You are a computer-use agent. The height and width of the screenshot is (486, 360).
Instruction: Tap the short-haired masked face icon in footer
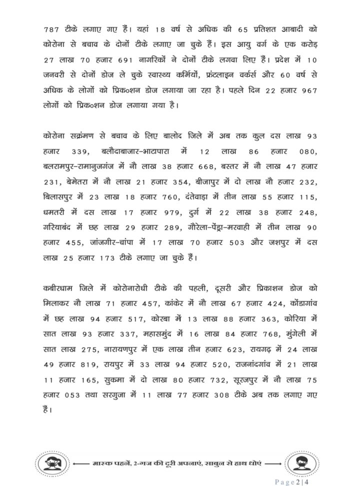tap(301, 461)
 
